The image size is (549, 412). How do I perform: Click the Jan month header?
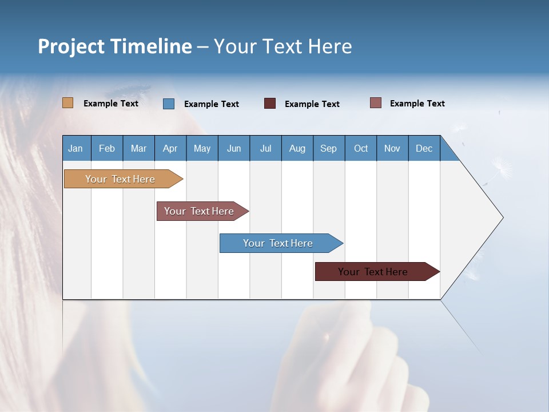(x=75, y=148)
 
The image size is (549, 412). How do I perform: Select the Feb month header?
(x=107, y=148)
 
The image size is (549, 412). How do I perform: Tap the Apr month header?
(x=170, y=148)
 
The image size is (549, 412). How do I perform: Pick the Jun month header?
(x=234, y=148)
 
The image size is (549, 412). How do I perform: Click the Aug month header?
(x=297, y=148)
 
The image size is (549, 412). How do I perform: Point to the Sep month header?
(x=328, y=148)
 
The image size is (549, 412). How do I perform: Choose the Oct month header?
(x=361, y=148)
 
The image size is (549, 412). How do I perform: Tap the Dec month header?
(x=424, y=148)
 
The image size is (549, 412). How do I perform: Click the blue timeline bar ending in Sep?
(x=279, y=243)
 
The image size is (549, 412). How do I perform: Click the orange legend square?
(x=68, y=103)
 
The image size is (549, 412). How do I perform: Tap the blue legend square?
(x=169, y=104)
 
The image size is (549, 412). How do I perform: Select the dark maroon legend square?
(x=270, y=104)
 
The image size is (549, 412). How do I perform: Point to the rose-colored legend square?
(x=376, y=103)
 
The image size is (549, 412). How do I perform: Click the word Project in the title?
(x=71, y=46)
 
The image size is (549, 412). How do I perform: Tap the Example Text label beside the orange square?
(x=111, y=104)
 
